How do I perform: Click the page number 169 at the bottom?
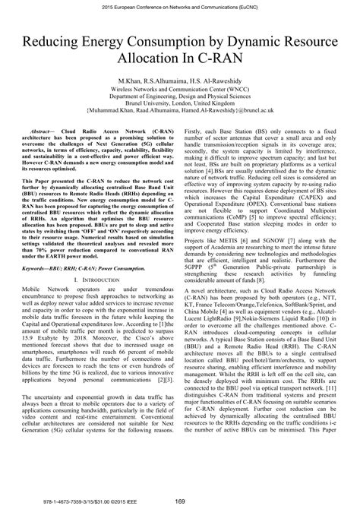click(x=180, y=501)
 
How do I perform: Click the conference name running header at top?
click(x=180, y=6)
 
